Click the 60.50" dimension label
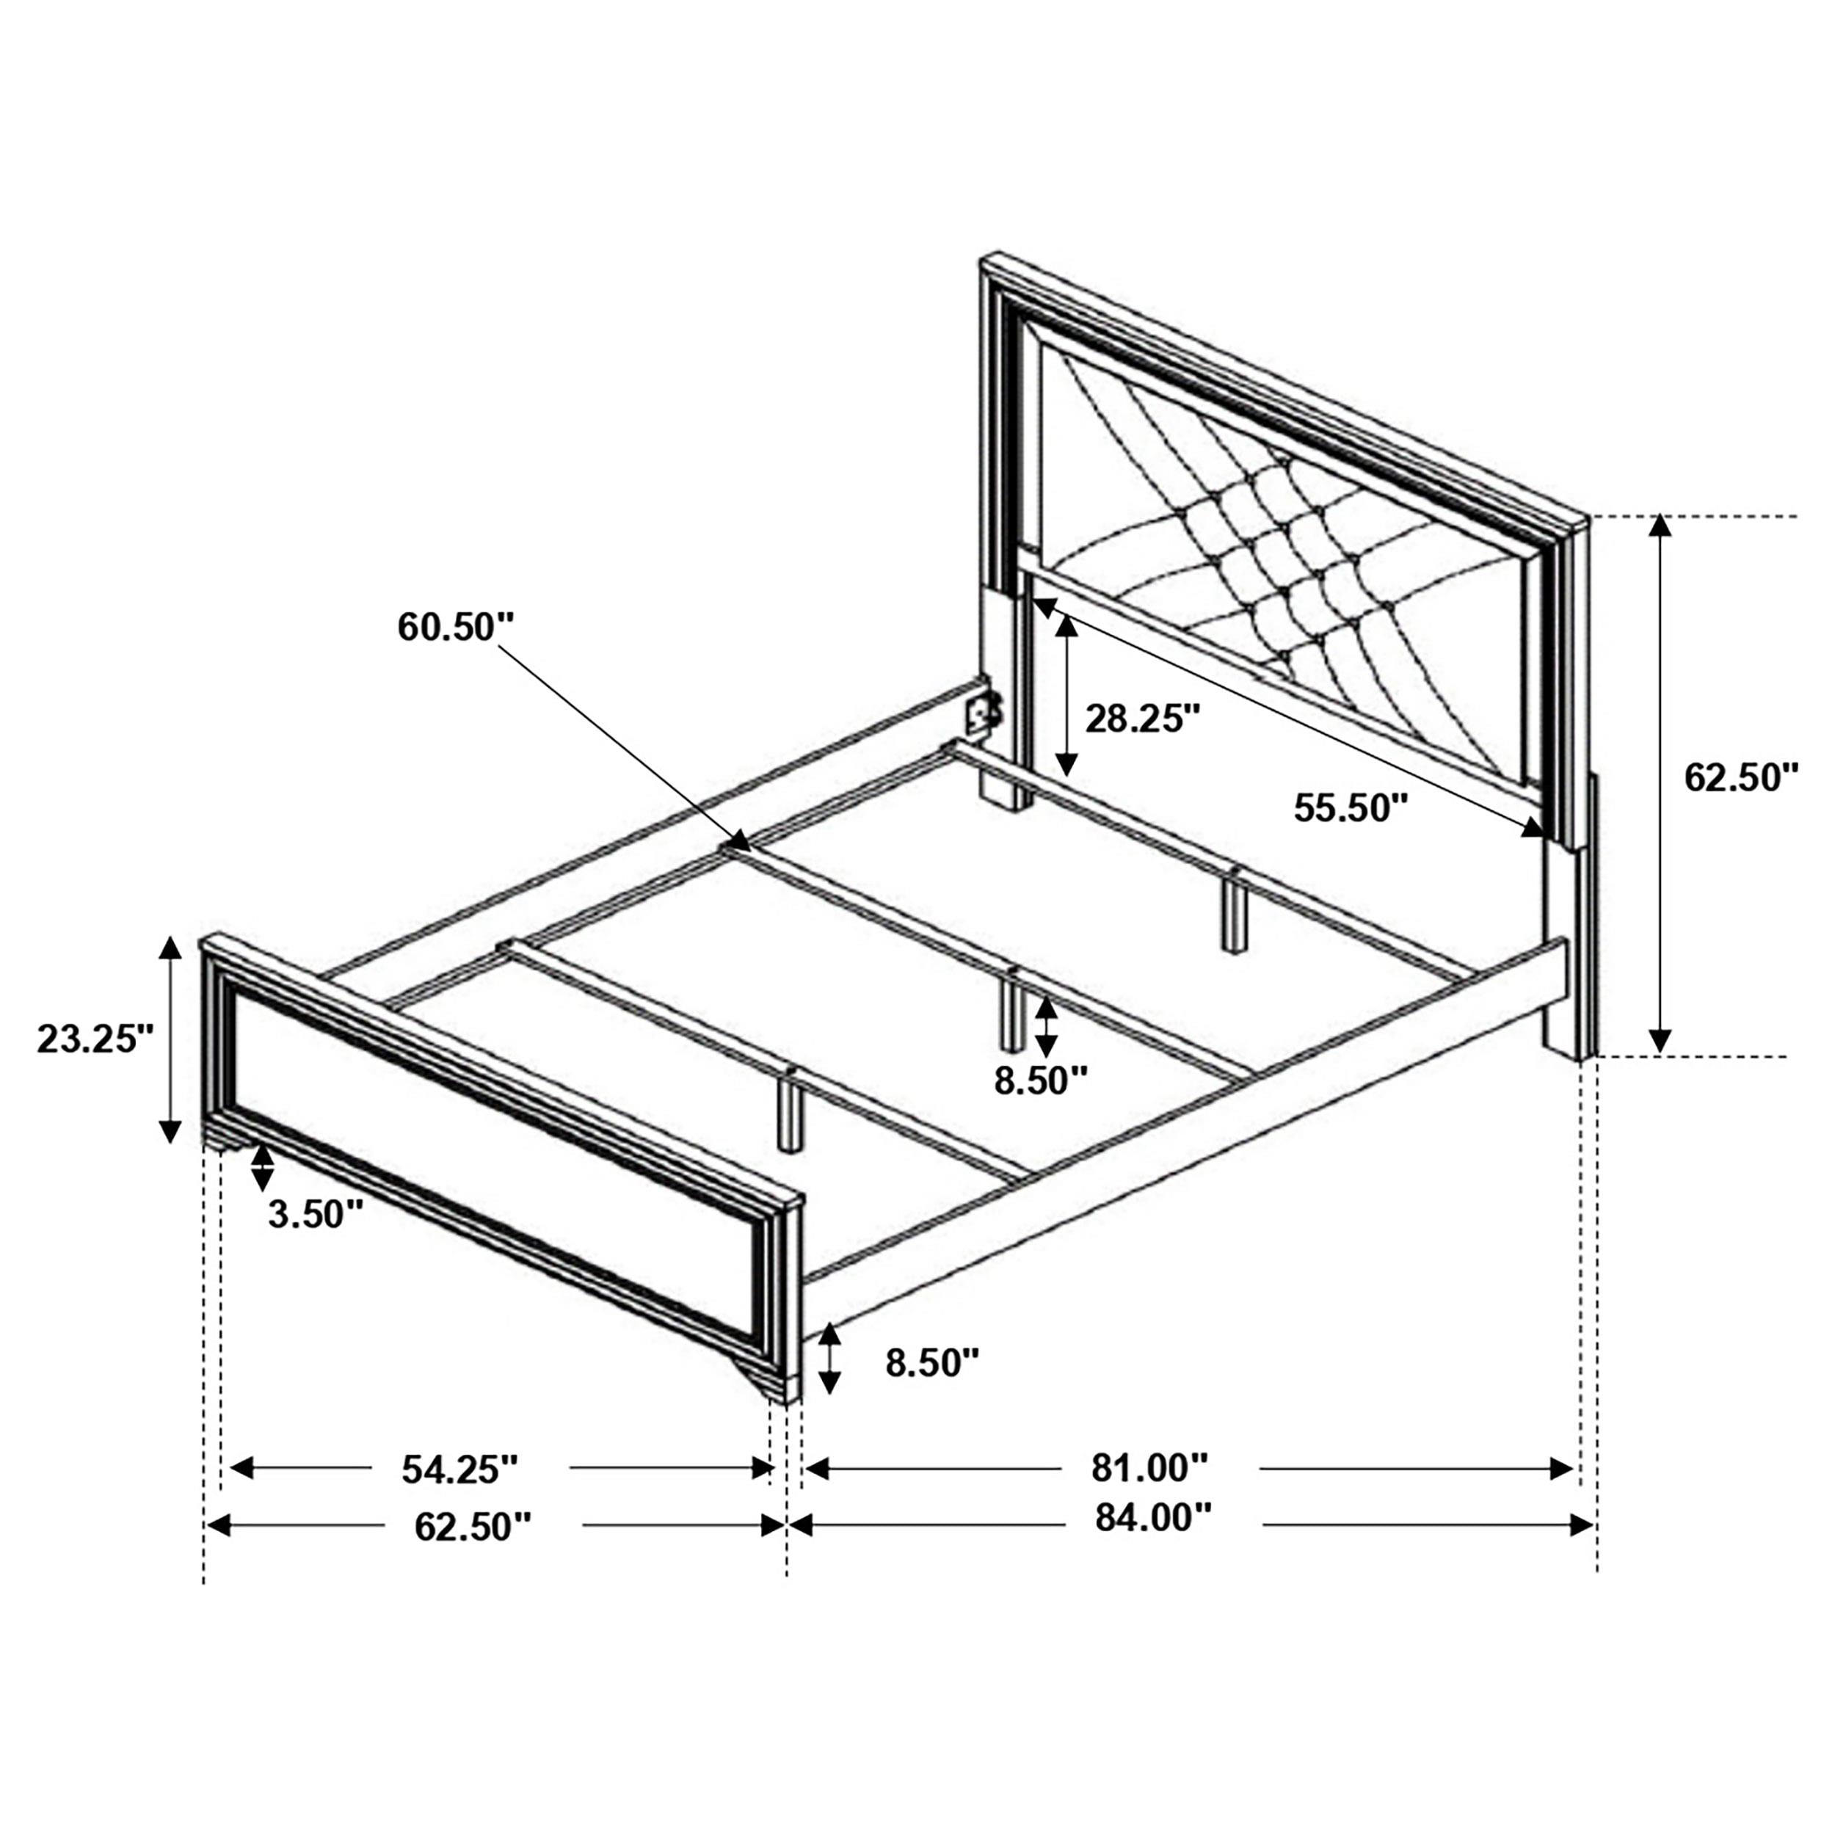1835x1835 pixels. [456, 628]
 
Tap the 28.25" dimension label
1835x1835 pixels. [1144, 719]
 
